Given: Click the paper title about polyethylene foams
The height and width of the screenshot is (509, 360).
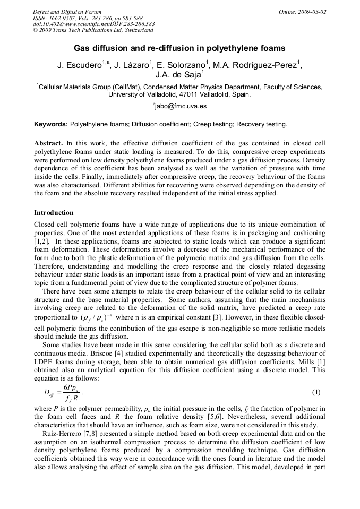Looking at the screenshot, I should (179, 48).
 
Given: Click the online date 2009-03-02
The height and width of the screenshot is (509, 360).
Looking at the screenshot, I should (302, 12).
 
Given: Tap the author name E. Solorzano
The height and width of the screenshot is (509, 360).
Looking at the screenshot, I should (183, 66).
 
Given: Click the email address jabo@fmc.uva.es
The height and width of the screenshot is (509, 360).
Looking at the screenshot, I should (179, 106).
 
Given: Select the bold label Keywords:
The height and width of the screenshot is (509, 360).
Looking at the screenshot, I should (51, 124).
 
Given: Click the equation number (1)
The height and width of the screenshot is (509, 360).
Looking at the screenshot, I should (316, 392).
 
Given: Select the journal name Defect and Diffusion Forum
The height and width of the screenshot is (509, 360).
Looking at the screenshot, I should (67, 12).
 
